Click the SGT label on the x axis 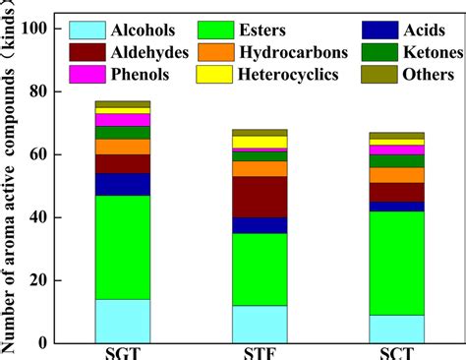pyautogui.click(x=123, y=351)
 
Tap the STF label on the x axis pyautogui.click(x=260, y=351)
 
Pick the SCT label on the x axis pyautogui.click(x=396, y=351)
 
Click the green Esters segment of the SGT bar pyautogui.click(x=123, y=247)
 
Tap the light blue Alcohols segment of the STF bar pyautogui.click(x=260, y=324)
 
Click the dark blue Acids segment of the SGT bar pyautogui.click(x=123, y=184)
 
